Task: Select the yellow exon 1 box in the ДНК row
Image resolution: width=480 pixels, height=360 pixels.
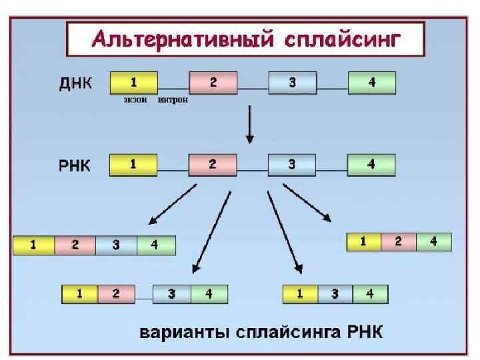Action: [x=133, y=83]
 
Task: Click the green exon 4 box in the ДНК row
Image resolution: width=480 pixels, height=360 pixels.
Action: [x=371, y=83]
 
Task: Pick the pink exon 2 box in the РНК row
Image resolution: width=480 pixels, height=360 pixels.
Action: [x=213, y=165]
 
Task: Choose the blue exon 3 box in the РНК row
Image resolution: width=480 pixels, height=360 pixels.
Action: [x=292, y=165]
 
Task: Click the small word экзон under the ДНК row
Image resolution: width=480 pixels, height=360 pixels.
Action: [x=135, y=101]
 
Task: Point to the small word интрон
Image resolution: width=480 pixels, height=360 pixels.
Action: [x=173, y=101]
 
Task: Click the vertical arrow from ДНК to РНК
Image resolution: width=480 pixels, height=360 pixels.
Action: [x=250, y=124]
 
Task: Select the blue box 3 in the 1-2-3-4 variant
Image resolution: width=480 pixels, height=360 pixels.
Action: [x=116, y=245]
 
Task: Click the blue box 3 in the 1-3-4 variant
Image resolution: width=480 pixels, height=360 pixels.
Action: [x=335, y=294]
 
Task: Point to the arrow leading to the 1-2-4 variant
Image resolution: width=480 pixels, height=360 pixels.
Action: [x=307, y=202]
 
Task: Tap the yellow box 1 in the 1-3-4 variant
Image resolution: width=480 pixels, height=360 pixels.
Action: [x=300, y=294]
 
